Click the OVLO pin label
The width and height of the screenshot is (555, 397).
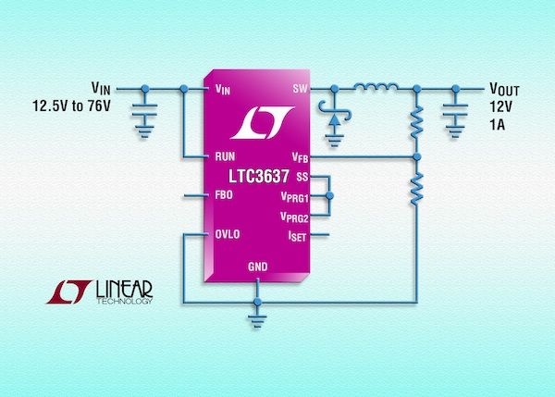226,235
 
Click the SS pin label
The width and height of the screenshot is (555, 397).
302,177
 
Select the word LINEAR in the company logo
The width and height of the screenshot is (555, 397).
126,290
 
